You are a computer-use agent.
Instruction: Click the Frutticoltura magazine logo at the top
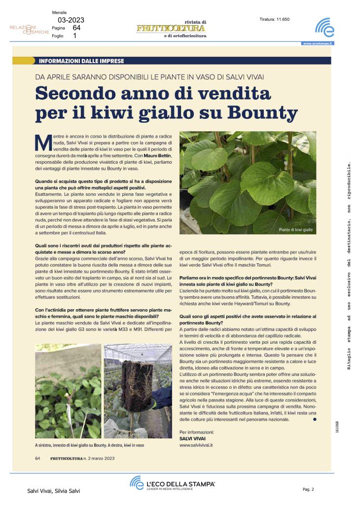click(171, 29)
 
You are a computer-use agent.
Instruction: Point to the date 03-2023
click(71, 20)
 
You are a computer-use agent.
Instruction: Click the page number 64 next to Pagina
click(77, 28)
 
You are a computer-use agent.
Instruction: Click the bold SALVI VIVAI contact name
click(193, 438)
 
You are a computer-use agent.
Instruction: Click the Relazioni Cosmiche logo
click(30, 29)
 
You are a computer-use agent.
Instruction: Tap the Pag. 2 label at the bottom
click(308, 489)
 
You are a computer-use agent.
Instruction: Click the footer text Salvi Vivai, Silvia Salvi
click(53, 491)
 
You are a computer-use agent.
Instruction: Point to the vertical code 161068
click(337, 427)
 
